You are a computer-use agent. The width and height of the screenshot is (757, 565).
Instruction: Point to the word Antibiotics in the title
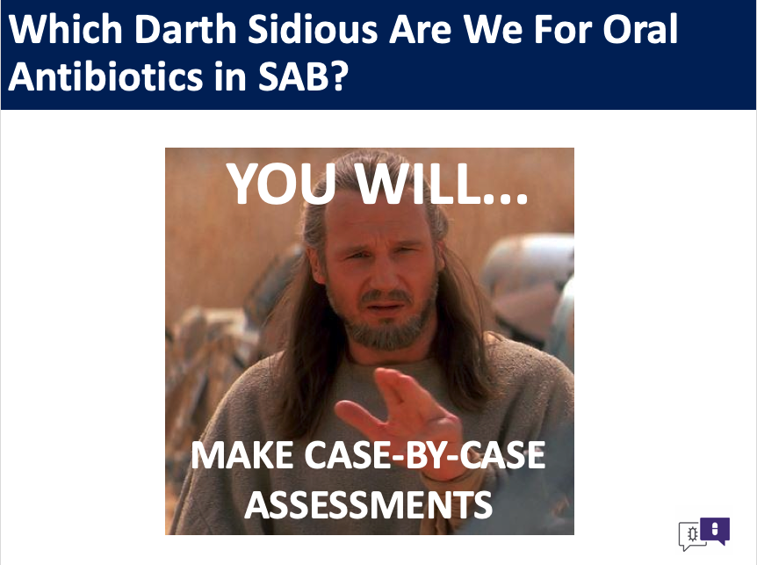(x=105, y=76)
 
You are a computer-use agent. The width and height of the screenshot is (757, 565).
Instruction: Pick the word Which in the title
(x=66, y=29)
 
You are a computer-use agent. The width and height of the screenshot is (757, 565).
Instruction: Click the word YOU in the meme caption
(x=282, y=184)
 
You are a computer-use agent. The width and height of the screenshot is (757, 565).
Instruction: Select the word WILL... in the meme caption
(x=442, y=184)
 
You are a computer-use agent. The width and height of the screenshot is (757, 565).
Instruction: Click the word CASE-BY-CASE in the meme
(x=425, y=455)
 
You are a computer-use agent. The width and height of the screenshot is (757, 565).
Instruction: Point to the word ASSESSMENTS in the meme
(x=368, y=504)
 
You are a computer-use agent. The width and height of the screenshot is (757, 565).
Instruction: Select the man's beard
(x=386, y=321)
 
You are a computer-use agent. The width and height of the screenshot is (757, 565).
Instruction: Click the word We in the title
(x=494, y=29)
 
